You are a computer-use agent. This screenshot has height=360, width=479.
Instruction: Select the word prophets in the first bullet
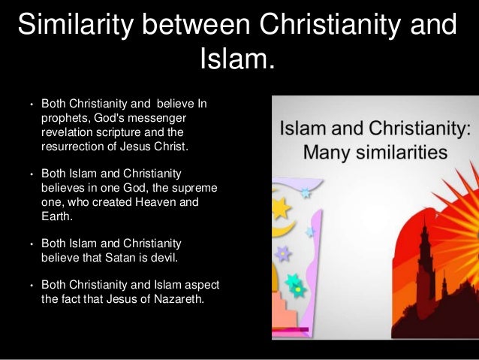click(x=65, y=118)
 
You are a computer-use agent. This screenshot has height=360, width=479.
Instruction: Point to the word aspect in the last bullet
click(x=201, y=285)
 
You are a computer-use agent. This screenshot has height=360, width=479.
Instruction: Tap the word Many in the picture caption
click(x=324, y=153)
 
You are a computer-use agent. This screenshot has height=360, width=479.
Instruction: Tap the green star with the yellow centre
click(x=297, y=285)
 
